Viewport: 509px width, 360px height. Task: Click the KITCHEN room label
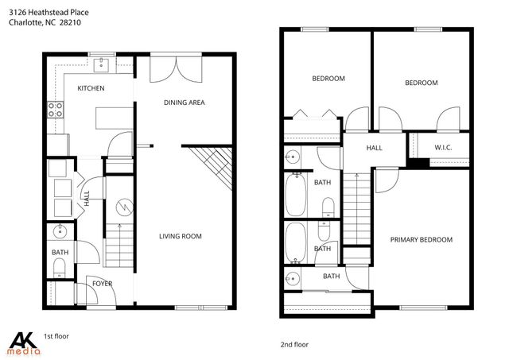click(90, 88)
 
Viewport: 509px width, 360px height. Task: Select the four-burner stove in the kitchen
click(56, 110)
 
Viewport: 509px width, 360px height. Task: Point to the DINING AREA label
click(185, 103)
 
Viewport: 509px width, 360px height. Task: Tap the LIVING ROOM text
click(180, 236)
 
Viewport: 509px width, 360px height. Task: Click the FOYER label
click(101, 283)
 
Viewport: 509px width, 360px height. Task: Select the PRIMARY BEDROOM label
click(421, 240)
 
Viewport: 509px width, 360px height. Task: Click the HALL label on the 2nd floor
click(374, 148)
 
